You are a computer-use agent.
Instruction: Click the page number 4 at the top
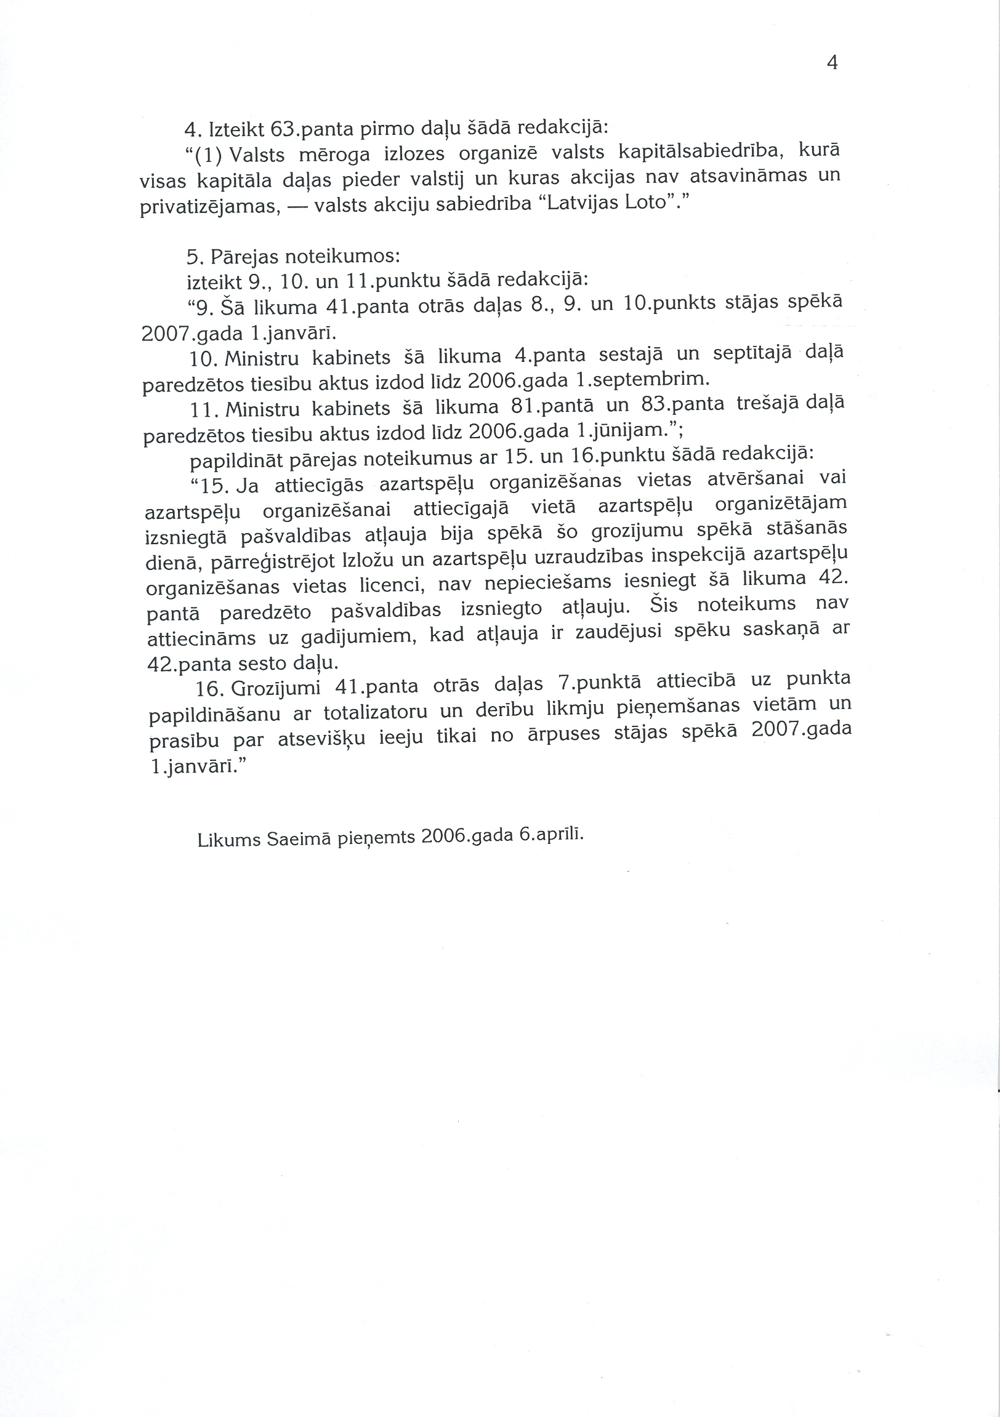(831, 63)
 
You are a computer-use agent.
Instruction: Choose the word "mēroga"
(334, 155)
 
